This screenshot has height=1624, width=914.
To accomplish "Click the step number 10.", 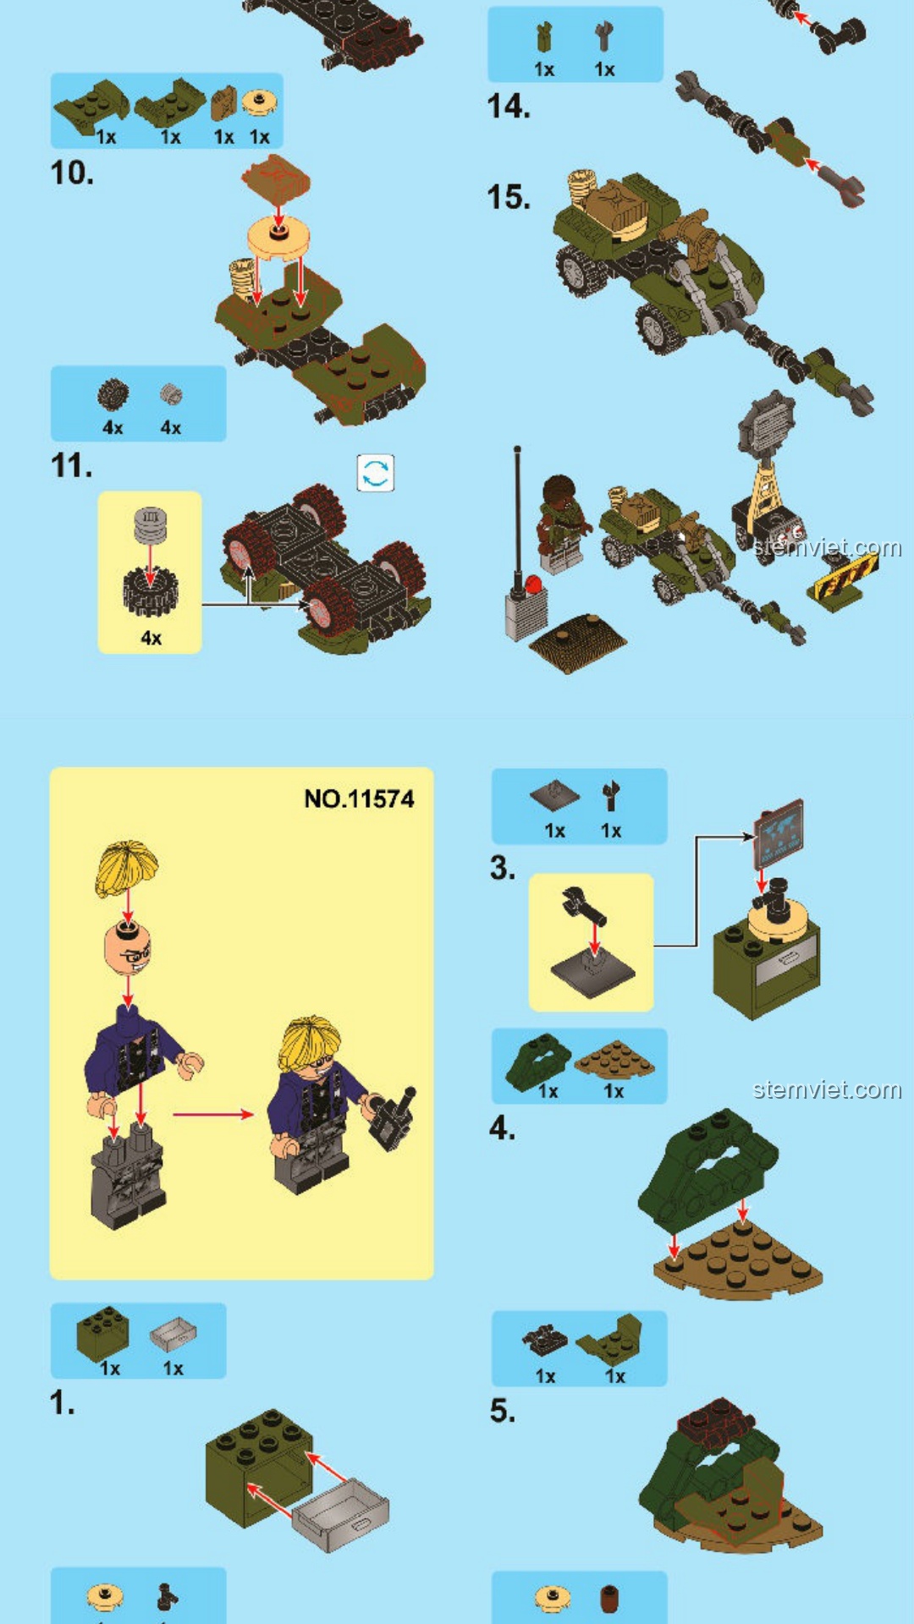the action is tap(72, 173).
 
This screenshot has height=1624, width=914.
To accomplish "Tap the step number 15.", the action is tap(509, 197).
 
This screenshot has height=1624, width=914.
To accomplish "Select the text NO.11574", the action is tap(359, 799).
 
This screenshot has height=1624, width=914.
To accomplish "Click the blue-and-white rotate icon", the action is tap(376, 473).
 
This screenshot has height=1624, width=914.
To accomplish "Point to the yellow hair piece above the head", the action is tap(127, 867).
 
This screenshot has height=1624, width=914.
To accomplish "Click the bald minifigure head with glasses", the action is tap(128, 947).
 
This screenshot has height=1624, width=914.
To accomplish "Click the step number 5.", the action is tap(502, 1410).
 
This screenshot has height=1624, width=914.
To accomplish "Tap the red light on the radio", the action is tap(532, 584).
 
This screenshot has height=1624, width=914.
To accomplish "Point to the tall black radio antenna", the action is tap(517, 516).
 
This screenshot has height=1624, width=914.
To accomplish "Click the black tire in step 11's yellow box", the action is tap(150, 591).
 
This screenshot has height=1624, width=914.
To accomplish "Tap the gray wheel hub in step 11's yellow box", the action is tap(150, 524).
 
